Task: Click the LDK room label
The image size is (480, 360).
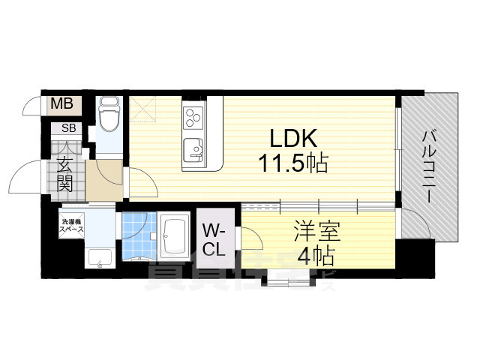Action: [x=289, y=139]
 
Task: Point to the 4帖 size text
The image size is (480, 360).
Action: [x=314, y=255]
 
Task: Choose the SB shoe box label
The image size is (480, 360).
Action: [x=68, y=128]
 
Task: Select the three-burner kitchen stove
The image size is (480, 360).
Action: [x=193, y=118]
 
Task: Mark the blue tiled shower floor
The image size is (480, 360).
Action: [x=136, y=235]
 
